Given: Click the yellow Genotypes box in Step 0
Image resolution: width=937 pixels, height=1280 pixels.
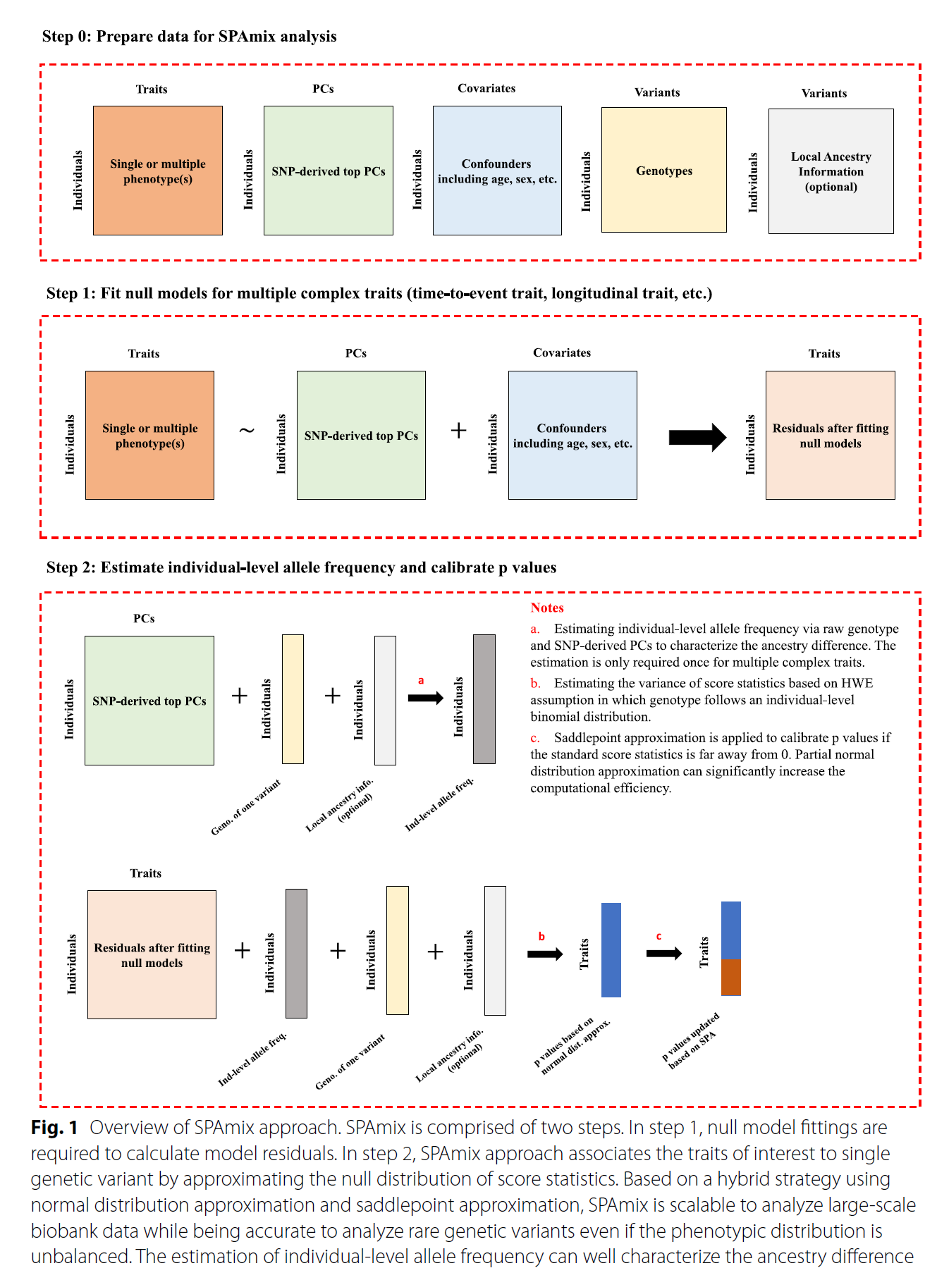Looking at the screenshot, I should coord(663,170).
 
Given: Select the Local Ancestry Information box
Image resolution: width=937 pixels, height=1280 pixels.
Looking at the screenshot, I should coord(831,171).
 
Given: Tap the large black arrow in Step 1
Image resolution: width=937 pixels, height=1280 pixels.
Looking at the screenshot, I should coord(697,437).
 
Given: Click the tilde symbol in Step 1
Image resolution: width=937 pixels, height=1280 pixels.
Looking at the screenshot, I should coord(247,430).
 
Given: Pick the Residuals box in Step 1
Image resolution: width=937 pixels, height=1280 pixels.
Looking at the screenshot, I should coord(830,436).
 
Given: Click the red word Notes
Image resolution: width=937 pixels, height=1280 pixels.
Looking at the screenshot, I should coord(547,608).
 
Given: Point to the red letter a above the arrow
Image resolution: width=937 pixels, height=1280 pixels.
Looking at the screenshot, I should coord(421,681).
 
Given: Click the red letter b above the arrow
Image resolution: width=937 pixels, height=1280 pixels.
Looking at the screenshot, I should coord(541,937).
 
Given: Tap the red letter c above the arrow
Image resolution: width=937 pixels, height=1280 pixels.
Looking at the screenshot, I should coord(659,937).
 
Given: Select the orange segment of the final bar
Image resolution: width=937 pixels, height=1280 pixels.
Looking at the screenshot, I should coord(730,977).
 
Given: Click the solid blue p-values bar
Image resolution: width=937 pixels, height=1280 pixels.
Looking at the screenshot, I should coord(611,949).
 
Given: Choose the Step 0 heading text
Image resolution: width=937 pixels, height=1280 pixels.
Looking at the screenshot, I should coord(189,37).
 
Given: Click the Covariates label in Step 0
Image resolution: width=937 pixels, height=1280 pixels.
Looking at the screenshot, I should coord(486,88).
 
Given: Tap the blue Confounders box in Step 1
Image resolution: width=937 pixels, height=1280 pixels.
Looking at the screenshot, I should coord(572,436).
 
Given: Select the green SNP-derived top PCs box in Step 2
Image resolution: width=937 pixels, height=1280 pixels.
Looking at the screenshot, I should coord(149,701).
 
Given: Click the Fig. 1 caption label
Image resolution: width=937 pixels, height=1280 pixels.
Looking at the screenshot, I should coord(54,1128).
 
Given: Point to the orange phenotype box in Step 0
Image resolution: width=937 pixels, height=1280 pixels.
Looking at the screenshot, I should coord(158,171).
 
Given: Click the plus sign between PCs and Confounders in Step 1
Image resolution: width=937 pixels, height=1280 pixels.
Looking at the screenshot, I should coord(458,430).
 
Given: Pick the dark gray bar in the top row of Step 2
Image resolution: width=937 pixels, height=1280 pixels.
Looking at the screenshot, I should coord(484,699).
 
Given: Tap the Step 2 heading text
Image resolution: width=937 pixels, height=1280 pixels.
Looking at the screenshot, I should coord(301,567).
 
